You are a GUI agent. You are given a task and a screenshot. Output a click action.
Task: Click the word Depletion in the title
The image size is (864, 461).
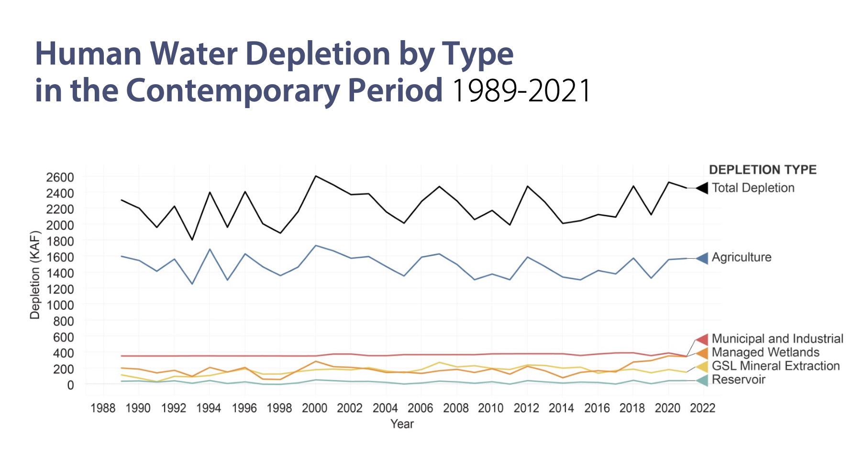pyautogui.click(x=318, y=54)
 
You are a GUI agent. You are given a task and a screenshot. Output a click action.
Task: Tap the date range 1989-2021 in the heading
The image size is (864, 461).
pyautogui.click(x=521, y=91)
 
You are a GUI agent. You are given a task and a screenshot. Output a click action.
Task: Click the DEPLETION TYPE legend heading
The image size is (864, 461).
pyautogui.click(x=763, y=170)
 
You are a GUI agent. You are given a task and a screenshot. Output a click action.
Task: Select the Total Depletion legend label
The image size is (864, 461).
pyautogui.click(x=753, y=188)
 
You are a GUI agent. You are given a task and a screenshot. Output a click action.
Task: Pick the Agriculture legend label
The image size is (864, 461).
pyautogui.click(x=742, y=257)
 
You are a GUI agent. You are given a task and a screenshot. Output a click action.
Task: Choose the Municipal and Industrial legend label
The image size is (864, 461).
pyautogui.click(x=777, y=339)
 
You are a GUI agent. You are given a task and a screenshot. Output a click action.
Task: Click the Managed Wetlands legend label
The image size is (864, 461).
pyautogui.click(x=765, y=352)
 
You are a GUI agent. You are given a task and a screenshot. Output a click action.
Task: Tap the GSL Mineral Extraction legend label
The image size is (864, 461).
pyautogui.click(x=775, y=366)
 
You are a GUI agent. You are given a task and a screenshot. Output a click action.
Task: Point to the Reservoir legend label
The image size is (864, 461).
pyautogui.click(x=739, y=380)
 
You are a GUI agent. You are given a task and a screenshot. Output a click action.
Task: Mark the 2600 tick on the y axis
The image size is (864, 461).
pyautogui.click(x=60, y=177)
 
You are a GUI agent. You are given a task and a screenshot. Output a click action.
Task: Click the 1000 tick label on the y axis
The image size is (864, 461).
pyautogui.click(x=60, y=305)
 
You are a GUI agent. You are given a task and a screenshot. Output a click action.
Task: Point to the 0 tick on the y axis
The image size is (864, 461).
pyautogui.click(x=70, y=385)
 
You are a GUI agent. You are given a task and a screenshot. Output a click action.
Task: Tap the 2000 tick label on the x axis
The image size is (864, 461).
pyautogui.click(x=314, y=408)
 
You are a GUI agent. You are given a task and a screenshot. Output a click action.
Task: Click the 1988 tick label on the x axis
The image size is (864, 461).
pyautogui.click(x=103, y=408)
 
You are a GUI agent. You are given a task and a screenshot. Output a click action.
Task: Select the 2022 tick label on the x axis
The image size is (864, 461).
pyautogui.click(x=703, y=408)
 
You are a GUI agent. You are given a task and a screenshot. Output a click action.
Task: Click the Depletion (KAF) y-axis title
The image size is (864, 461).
pyautogui.click(x=35, y=275)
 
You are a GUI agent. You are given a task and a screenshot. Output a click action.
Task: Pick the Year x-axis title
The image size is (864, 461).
pyautogui.click(x=402, y=424)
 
